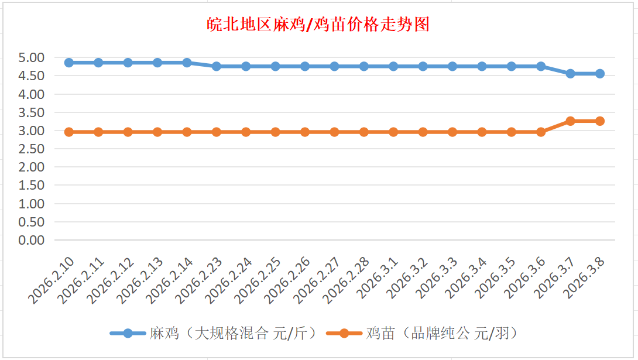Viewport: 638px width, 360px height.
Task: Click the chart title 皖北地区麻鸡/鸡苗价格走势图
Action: click(x=318, y=25)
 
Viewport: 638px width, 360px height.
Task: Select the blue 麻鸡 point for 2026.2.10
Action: click(x=69, y=63)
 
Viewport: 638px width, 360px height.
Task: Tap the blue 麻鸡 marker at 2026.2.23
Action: click(x=217, y=66)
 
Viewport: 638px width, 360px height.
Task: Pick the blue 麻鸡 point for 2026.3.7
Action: click(x=570, y=74)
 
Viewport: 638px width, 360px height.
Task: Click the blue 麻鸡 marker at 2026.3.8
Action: click(x=600, y=74)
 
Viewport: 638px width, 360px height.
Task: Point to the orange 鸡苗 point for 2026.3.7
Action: click(x=570, y=121)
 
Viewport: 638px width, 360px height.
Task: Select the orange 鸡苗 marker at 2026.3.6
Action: click(x=541, y=132)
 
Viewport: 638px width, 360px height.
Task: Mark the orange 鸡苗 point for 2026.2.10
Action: click(x=69, y=132)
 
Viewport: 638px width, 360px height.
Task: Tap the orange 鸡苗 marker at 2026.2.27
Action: click(x=334, y=132)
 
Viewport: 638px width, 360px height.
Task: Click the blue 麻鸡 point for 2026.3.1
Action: click(x=393, y=66)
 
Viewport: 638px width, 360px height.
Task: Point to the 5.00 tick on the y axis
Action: click(x=32, y=57)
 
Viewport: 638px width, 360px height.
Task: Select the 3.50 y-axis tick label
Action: click(x=32, y=112)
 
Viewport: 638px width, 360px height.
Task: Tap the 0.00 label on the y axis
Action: click(x=32, y=240)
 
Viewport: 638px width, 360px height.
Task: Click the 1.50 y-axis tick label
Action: click(x=32, y=186)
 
